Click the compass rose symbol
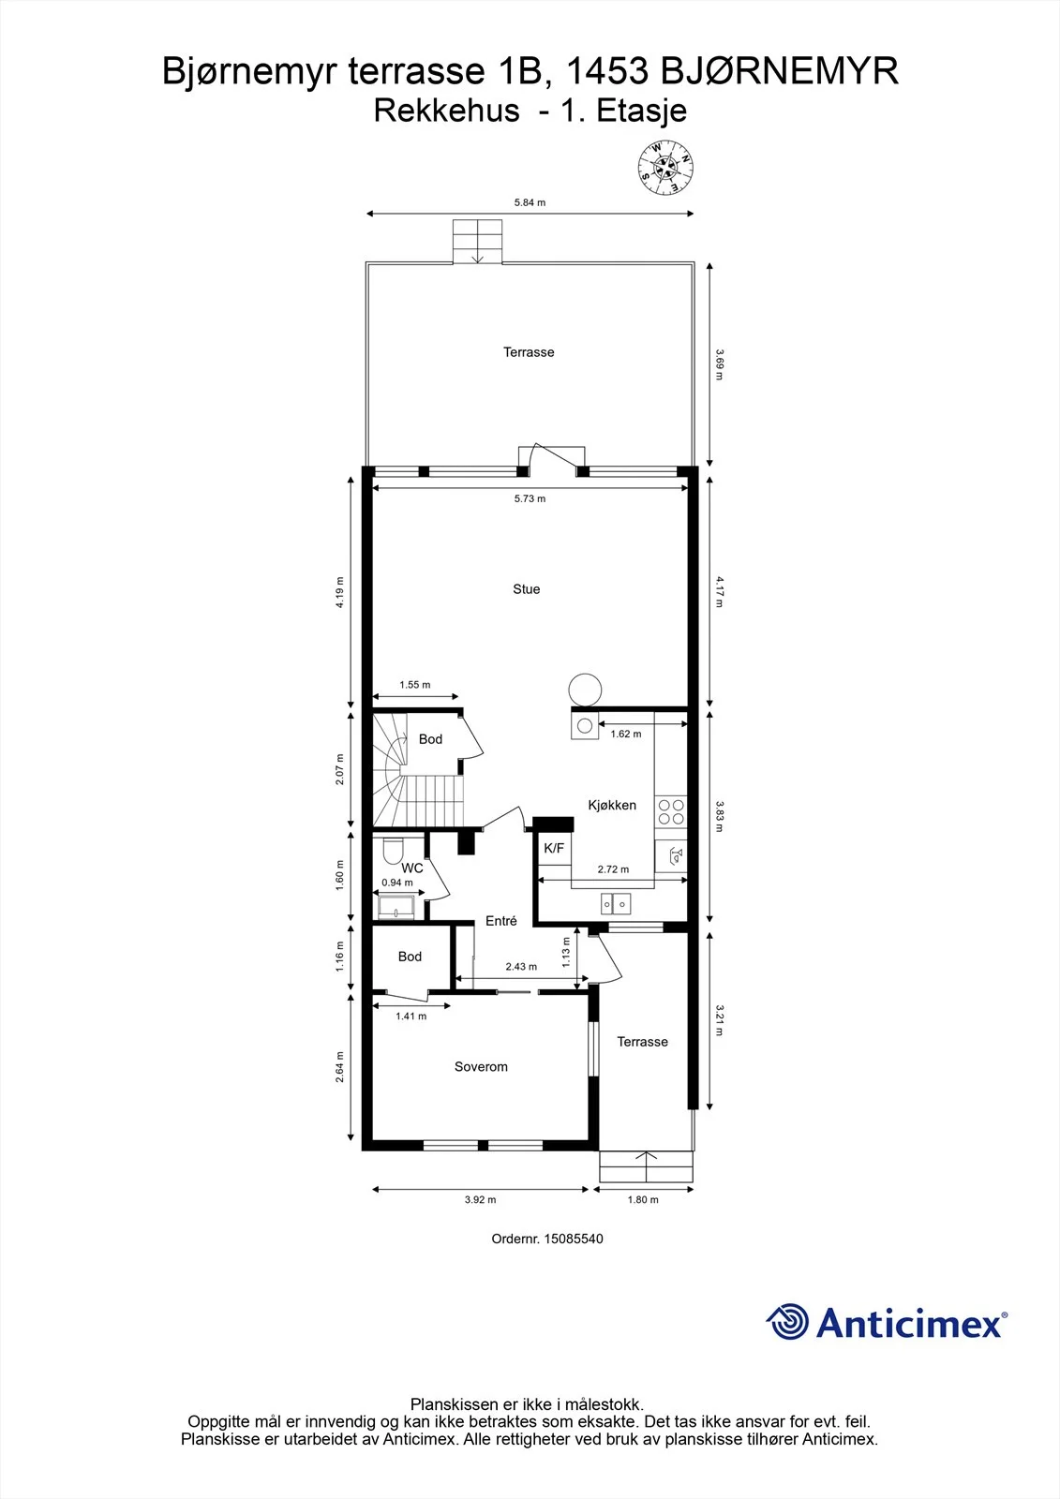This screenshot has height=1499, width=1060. tap(664, 168)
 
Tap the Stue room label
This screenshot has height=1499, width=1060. tap(527, 589)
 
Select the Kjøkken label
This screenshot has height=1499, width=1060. tap(612, 805)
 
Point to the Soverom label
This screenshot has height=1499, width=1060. tap(481, 1067)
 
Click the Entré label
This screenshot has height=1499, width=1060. tap(500, 921)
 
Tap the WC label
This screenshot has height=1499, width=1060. tap(412, 868)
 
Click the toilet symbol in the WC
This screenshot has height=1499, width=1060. tap(393, 851)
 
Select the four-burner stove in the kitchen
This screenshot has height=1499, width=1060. tap(671, 811)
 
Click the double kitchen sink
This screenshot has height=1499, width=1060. tap(616, 905)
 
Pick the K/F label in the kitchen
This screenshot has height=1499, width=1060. tap(554, 849)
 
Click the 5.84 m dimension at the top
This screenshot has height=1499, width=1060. tap(530, 202)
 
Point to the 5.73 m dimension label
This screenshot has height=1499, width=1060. tap(530, 498)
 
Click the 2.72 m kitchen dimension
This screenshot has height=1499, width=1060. tap(613, 869)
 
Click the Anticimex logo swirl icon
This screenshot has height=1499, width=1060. tap(787, 1321)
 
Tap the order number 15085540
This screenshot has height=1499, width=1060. tap(574, 1239)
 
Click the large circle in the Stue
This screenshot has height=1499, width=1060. tap(585, 690)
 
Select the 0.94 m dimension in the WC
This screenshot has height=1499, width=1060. tap(397, 883)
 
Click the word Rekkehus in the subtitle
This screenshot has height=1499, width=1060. tap(447, 111)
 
